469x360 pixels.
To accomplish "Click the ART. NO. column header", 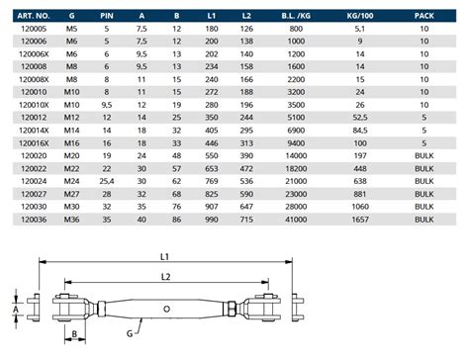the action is point(34,16).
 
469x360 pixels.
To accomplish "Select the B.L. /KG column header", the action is point(296,16).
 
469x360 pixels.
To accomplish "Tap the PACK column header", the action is point(424,16).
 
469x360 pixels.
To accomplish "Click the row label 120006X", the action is point(34,54).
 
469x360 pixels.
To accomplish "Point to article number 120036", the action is point(34,220).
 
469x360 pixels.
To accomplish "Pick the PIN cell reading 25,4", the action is point(107,181).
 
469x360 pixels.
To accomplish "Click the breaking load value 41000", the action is point(296,220).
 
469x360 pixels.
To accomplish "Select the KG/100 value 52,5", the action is point(360,118).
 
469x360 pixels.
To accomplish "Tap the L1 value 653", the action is point(212,169).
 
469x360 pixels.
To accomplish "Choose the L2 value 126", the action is point(246,29).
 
